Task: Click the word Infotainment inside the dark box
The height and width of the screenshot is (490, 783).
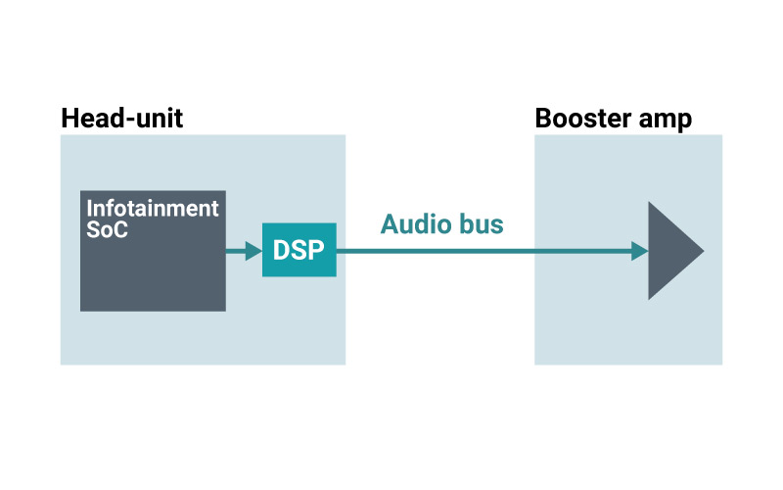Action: pyautogui.click(x=153, y=208)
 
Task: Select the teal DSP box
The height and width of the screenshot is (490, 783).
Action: pyautogui.click(x=299, y=250)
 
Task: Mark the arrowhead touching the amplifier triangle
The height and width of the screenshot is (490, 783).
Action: pyautogui.click(x=640, y=251)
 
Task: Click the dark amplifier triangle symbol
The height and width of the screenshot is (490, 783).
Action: pyautogui.click(x=670, y=251)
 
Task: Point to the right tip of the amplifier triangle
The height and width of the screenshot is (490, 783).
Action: pyautogui.click(x=702, y=251)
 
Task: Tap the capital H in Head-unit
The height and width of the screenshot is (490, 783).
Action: pyautogui.click(x=69, y=119)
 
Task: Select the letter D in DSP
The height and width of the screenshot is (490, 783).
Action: pyautogui.click(x=280, y=251)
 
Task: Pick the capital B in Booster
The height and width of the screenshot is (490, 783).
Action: pyautogui.click(x=543, y=119)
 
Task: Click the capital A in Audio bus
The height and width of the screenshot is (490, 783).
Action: pyautogui.click(x=390, y=224)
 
